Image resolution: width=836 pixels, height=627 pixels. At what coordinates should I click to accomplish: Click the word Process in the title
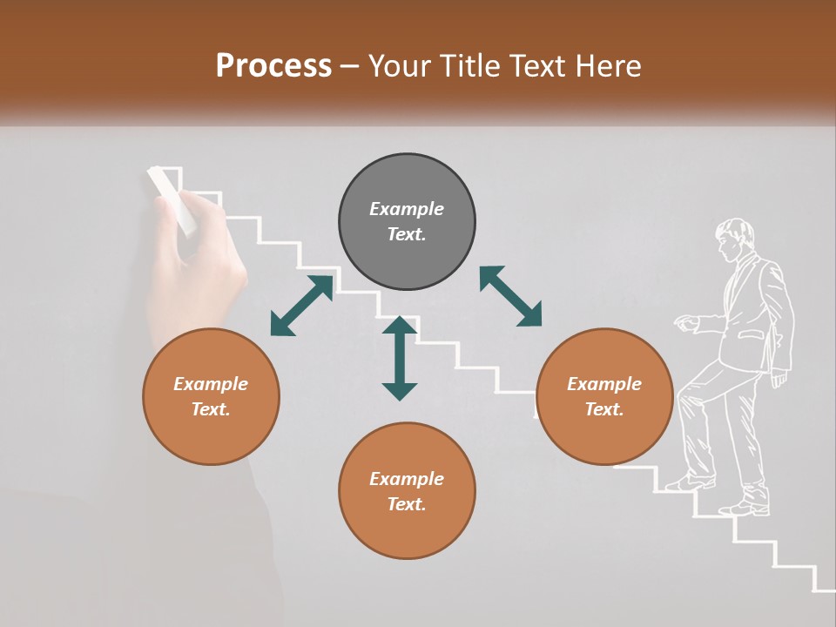coord(273,66)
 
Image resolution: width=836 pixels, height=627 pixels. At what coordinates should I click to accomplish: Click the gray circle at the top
coord(407,222)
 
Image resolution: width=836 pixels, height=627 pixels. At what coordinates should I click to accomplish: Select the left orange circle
coord(211,397)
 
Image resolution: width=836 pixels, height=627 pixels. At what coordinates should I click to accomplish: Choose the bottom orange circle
coord(407,491)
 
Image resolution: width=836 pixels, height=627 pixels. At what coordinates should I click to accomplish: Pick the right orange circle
coord(603,397)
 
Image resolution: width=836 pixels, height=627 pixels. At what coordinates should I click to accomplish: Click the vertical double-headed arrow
coord(400,358)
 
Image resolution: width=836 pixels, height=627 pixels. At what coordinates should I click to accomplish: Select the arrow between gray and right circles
coord(510,296)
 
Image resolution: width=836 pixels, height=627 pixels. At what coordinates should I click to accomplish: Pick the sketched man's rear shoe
coord(745,507)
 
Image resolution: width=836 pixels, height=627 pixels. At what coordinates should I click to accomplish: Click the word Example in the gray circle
coord(407,209)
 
